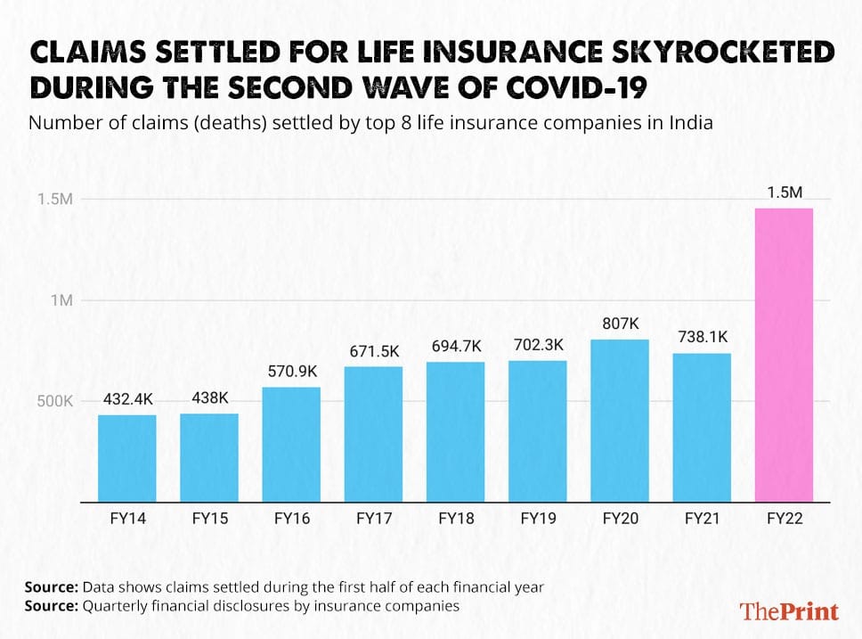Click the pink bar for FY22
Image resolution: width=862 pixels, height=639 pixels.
click(x=784, y=355)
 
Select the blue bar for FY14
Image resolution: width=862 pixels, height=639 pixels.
click(x=127, y=458)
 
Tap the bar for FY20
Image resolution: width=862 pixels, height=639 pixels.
click(x=620, y=420)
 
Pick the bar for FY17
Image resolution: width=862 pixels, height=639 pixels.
click(x=373, y=434)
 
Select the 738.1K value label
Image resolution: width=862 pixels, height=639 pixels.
click(x=702, y=337)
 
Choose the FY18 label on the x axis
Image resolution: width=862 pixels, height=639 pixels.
click(x=455, y=517)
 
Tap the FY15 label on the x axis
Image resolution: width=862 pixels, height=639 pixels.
click(x=209, y=517)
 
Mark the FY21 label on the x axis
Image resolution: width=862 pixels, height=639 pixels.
click(x=702, y=517)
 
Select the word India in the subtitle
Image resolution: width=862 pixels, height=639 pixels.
click(x=691, y=123)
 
